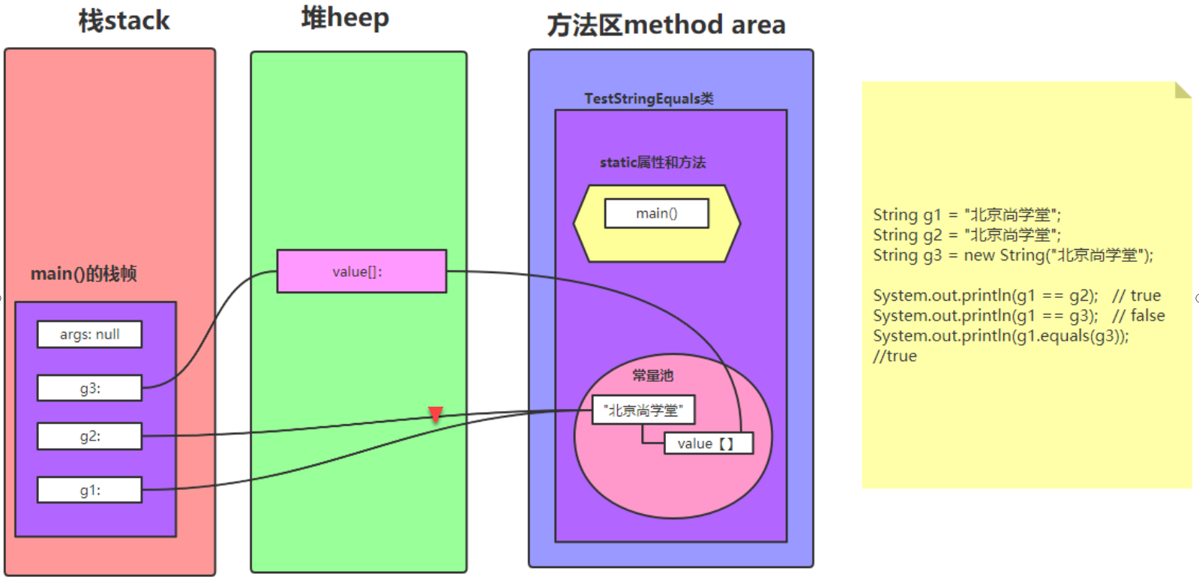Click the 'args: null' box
[x=89, y=335]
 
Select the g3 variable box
[x=89, y=389]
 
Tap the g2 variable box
[x=89, y=437]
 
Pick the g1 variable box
[x=89, y=491]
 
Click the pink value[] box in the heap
[x=361, y=272]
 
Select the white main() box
[x=656, y=214]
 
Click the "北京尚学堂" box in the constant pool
[x=643, y=410]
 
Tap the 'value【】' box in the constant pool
[x=708, y=443]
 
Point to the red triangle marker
[x=436, y=413]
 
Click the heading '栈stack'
[x=124, y=21]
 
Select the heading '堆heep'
[x=345, y=18]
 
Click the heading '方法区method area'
[x=666, y=26]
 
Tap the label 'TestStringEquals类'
[x=649, y=99]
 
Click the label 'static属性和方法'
[x=652, y=163]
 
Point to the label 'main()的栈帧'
[x=83, y=274]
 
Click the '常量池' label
[x=652, y=375]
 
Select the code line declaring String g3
[x=1012, y=256]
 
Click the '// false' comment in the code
[x=1138, y=316]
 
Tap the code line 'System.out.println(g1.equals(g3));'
[x=1000, y=336]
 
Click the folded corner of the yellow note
[x=1182, y=91]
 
